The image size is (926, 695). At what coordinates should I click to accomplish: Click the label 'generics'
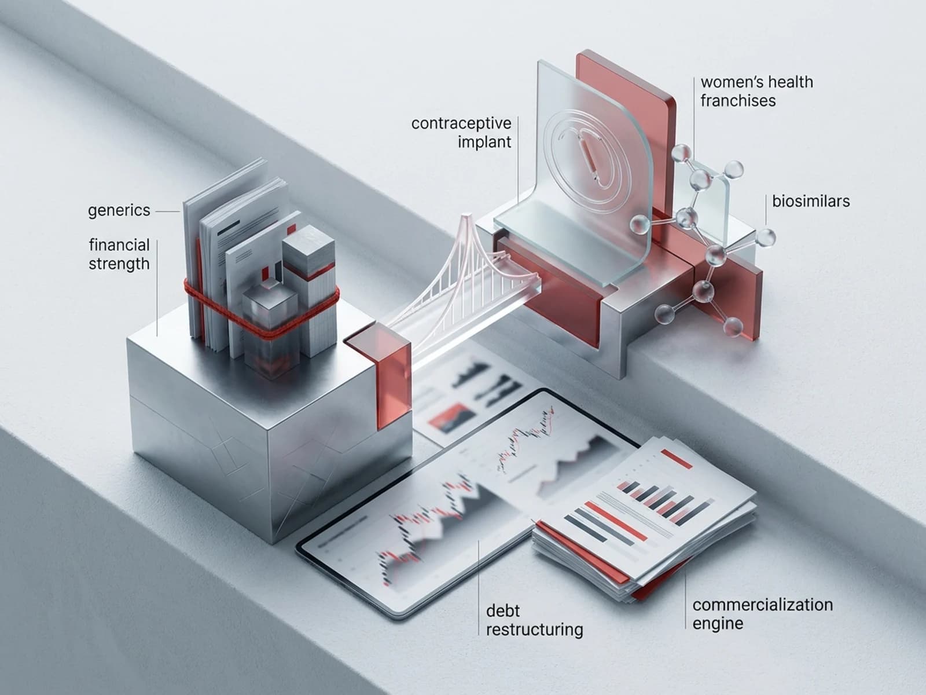(x=119, y=211)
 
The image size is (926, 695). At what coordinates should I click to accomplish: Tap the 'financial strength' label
(x=119, y=254)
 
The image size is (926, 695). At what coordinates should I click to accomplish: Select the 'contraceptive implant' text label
(x=461, y=133)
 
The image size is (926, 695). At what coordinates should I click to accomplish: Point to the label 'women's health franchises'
(x=757, y=91)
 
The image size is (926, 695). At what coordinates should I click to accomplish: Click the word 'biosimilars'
(x=811, y=202)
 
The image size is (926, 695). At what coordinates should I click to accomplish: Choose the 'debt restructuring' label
(x=535, y=620)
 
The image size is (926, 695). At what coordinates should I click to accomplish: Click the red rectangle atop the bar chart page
(x=677, y=459)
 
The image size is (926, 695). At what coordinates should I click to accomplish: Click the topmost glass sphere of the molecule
(x=681, y=153)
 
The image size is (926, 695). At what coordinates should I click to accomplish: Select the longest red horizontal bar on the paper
(x=616, y=521)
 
